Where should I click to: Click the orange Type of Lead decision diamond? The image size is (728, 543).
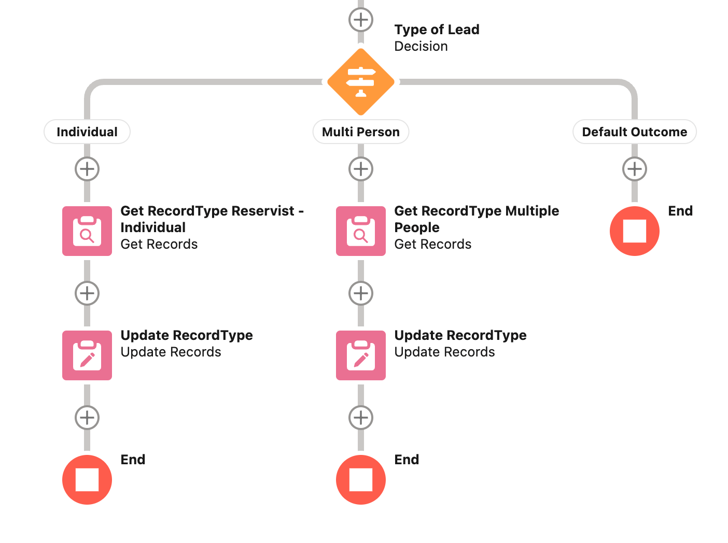click(x=361, y=82)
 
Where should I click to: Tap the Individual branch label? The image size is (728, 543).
click(x=87, y=132)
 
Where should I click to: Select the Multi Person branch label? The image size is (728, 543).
click(x=361, y=132)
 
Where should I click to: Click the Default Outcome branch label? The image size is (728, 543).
click(x=634, y=132)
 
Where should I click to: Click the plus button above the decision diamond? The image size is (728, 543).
click(x=361, y=20)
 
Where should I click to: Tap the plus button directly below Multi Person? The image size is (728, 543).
click(x=361, y=169)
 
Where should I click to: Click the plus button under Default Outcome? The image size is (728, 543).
click(x=635, y=169)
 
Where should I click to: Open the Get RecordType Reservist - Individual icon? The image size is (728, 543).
click(x=87, y=231)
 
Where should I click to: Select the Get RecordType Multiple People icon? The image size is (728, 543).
click(x=361, y=231)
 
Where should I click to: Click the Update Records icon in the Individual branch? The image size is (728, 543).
click(x=87, y=355)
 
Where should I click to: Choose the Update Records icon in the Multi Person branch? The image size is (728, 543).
click(x=361, y=355)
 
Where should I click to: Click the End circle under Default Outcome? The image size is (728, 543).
click(x=635, y=231)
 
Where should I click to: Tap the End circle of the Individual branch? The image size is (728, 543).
click(x=87, y=480)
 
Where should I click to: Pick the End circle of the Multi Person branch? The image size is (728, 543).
click(x=361, y=480)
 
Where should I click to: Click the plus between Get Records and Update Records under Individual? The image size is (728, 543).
click(x=87, y=293)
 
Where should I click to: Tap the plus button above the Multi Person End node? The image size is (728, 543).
click(x=361, y=418)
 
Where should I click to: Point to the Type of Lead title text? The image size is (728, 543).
click(x=437, y=30)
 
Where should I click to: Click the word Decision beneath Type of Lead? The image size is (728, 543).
click(x=421, y=46)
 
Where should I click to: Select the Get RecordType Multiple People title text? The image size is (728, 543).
click(x=476, y=219)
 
